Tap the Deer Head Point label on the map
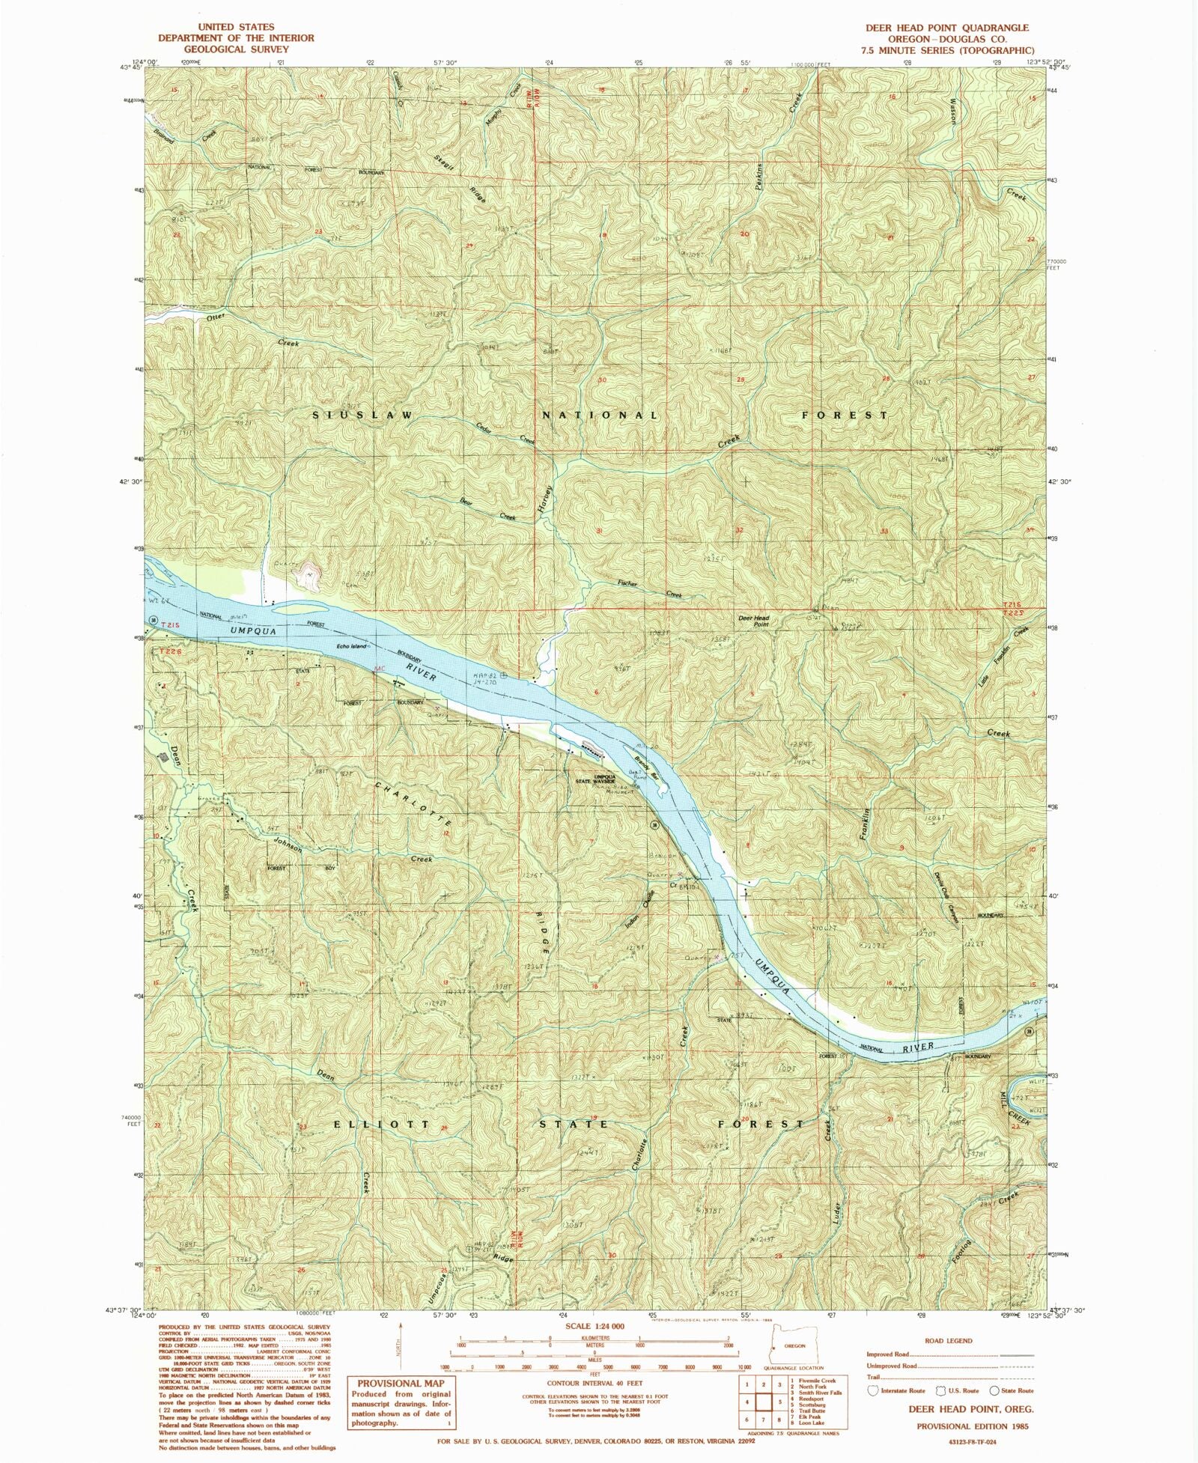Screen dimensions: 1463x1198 tap(754, 621)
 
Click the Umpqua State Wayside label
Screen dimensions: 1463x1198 tap(595, 779)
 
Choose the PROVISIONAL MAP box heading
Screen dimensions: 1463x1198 tap(401, 1384)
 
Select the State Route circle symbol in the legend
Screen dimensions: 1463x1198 tap(996, 1390)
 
